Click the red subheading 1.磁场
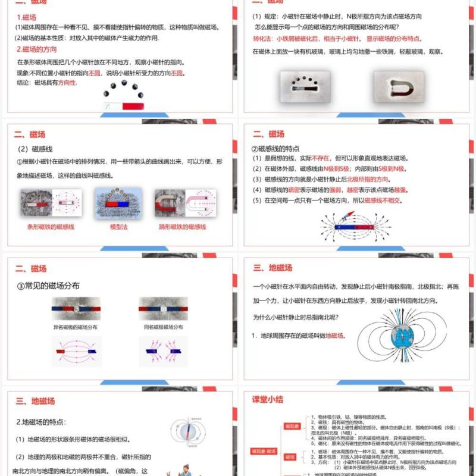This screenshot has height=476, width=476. coord(27,17)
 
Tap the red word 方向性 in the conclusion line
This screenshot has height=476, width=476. coord(67,83)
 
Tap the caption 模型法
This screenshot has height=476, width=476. coord(119,227)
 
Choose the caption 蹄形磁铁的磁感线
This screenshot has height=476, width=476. coord(182,227)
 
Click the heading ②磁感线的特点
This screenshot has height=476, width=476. coord(275,148)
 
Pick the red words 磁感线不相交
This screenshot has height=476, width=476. coord(383,201)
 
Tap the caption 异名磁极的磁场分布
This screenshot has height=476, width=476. coord(76,327)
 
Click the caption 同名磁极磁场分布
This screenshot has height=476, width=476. coord(163,327)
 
